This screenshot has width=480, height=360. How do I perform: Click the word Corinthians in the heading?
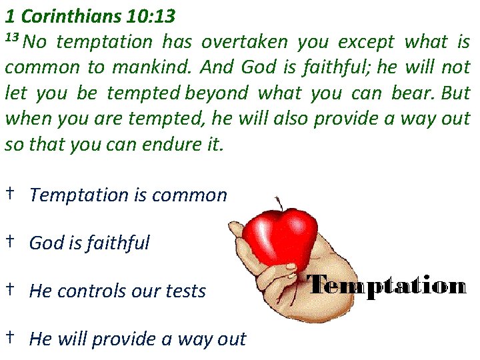pyautogui.click(x=71, y=13)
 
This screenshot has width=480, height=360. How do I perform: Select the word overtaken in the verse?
pyautogui.click(x=244, y=43)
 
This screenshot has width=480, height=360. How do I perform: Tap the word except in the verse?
pyautogui.click(x=365, y=43)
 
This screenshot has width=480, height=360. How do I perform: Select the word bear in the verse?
pyautogui.click(x=411, y=93)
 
